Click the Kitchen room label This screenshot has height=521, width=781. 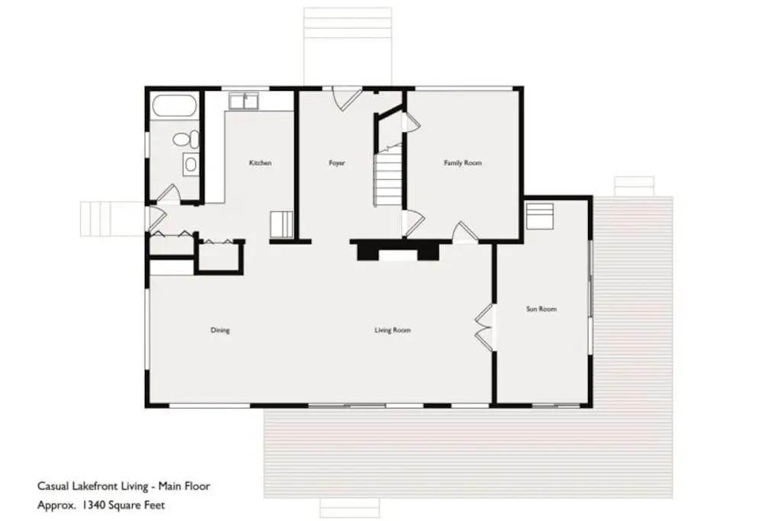(260, 163)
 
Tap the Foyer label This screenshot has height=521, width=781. (336, 163)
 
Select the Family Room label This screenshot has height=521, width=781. (463, 163)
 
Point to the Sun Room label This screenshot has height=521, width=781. (542, 309)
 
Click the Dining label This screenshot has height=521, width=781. (220, 330)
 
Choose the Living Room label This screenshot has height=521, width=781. (393, 330)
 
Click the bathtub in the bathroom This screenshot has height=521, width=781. (175, 106)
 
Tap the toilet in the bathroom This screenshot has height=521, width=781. (186, 139)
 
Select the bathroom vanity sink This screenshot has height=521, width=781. (190, 164)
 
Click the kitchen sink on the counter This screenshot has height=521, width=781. (243, 101)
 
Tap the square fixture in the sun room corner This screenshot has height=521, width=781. (539, 216)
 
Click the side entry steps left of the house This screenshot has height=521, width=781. (113, 219)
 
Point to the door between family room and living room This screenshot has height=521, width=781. (465, 232)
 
